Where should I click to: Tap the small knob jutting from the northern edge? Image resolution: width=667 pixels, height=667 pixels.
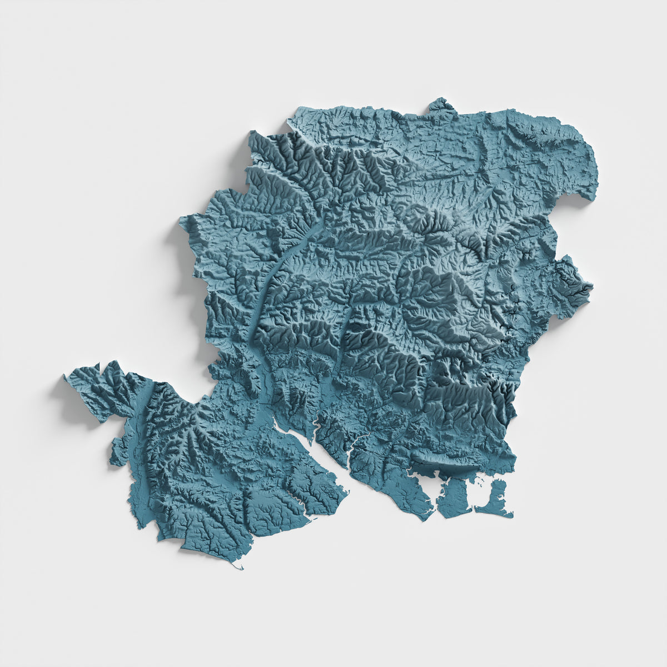coord(441,104)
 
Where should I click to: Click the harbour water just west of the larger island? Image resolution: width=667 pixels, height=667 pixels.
coord(436,489)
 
